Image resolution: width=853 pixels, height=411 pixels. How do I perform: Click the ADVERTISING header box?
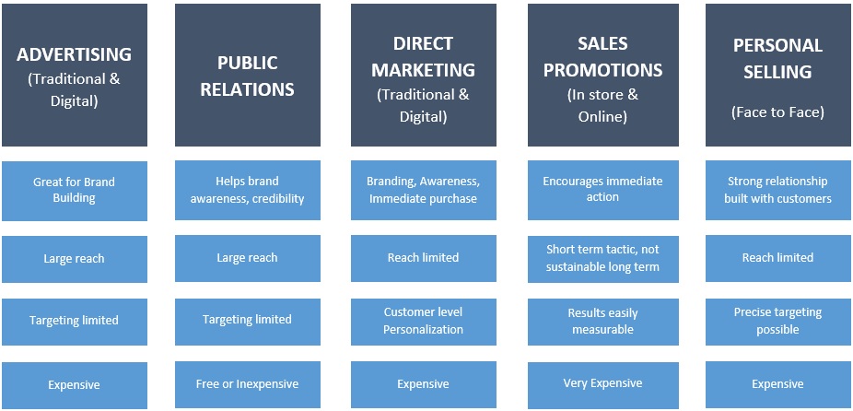[75, 76]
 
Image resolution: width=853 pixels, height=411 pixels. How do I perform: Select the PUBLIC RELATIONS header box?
[248, 76]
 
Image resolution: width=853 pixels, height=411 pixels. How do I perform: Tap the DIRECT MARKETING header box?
[423, 76]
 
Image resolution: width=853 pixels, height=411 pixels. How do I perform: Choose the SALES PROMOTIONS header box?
[602, 76]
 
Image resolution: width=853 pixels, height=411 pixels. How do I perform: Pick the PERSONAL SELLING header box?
[777, 76]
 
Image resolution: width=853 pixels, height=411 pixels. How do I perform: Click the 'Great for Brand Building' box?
[75, 191]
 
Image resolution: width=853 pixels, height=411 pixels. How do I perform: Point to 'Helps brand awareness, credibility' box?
[248, 191]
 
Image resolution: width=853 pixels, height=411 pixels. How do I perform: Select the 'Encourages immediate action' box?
[602, 190]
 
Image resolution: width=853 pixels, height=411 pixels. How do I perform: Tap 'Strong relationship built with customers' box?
[777, 191]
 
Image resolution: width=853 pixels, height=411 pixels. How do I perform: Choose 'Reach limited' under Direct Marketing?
[423, 258]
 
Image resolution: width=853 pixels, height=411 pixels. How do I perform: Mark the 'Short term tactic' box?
[602, 258]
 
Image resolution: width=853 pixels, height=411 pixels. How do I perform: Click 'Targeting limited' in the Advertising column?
[75, 321]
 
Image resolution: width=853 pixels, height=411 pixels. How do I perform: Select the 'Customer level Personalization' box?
[423, 321]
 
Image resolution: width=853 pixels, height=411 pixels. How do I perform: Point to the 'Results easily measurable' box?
[602, 321]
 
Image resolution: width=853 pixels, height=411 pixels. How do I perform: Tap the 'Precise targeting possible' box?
[777, 321]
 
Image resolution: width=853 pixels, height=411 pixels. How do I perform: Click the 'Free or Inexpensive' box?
[248, 384]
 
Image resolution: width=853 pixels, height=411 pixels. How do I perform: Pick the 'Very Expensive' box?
[602, 383]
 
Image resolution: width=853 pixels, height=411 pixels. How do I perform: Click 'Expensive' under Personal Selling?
[777, 384]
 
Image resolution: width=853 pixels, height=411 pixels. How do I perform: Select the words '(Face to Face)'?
[777, 112]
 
